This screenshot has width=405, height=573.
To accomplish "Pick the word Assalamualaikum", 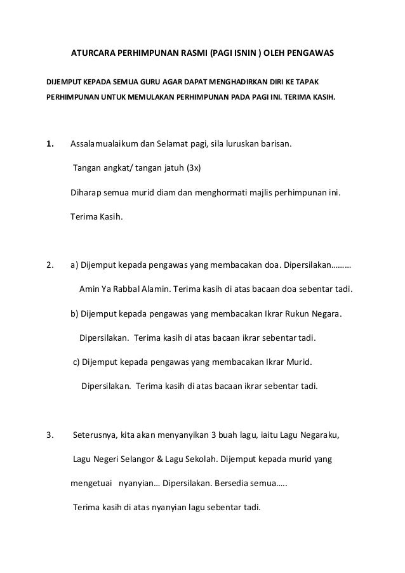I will (x=103, y=143).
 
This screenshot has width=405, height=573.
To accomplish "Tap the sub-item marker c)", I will (x=76, y=362).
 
